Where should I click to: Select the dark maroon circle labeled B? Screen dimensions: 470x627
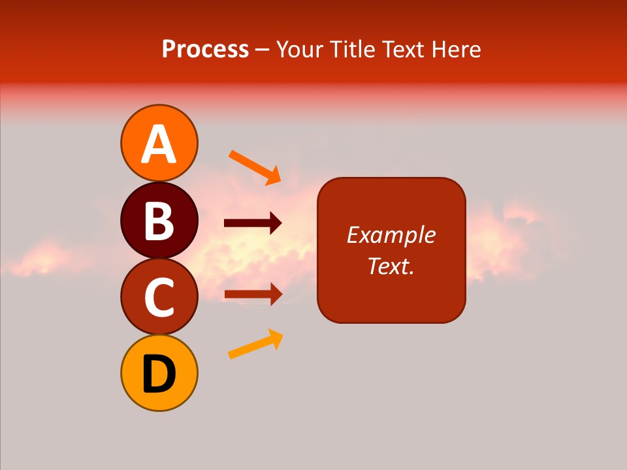tap(159, 220)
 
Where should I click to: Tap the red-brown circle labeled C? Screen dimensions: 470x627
tap(159, 297)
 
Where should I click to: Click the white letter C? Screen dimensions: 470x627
tap(159, 297)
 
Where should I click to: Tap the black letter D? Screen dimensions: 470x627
tap(159, 374)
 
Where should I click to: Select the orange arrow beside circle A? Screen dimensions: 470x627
tap(254, 167)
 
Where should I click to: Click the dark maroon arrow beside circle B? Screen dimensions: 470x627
tap(253, 223)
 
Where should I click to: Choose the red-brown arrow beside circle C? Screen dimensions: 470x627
tap(253, 294)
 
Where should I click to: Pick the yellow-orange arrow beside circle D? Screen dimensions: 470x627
tap(255, 344)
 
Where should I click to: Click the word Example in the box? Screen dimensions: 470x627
tap(391, 235)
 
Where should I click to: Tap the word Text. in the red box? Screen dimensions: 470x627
tap(391, 266)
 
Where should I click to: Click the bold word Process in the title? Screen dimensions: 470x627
tap(205, 49)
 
